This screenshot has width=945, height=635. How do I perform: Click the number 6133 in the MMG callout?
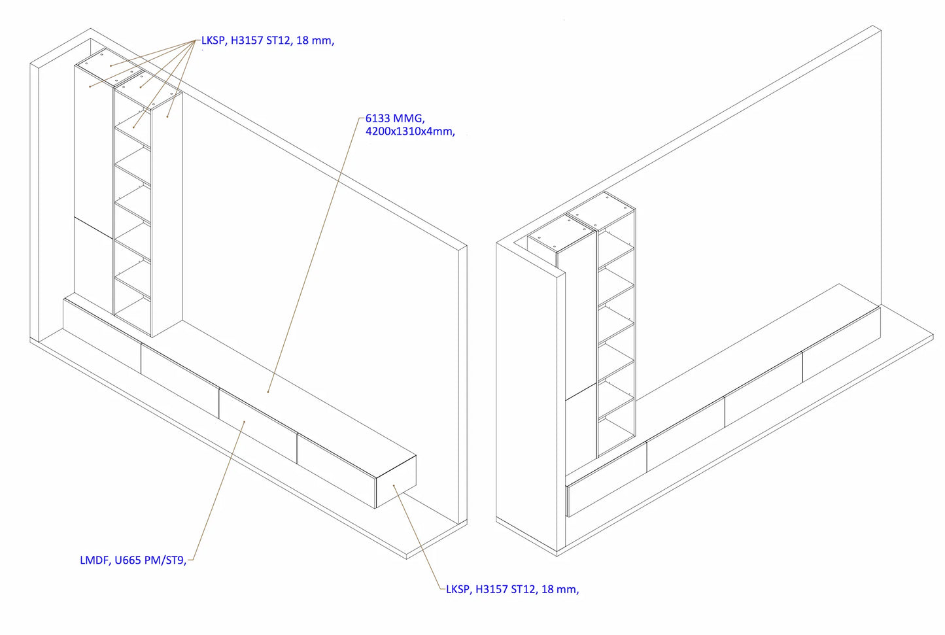(x=377, y=118)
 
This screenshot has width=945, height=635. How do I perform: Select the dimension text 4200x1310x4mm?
(x=409, y=131)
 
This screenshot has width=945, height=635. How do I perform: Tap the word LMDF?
(x=95, y=560)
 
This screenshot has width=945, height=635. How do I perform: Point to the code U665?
(x=128, y=560)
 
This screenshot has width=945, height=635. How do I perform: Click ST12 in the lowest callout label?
(x=524, y=589)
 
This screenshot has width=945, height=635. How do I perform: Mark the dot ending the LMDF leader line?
(x=244, y=422)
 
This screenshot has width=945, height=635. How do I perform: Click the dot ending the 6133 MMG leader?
(x=268, y=392)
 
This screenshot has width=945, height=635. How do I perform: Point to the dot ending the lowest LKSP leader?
(x=394, y=486)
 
